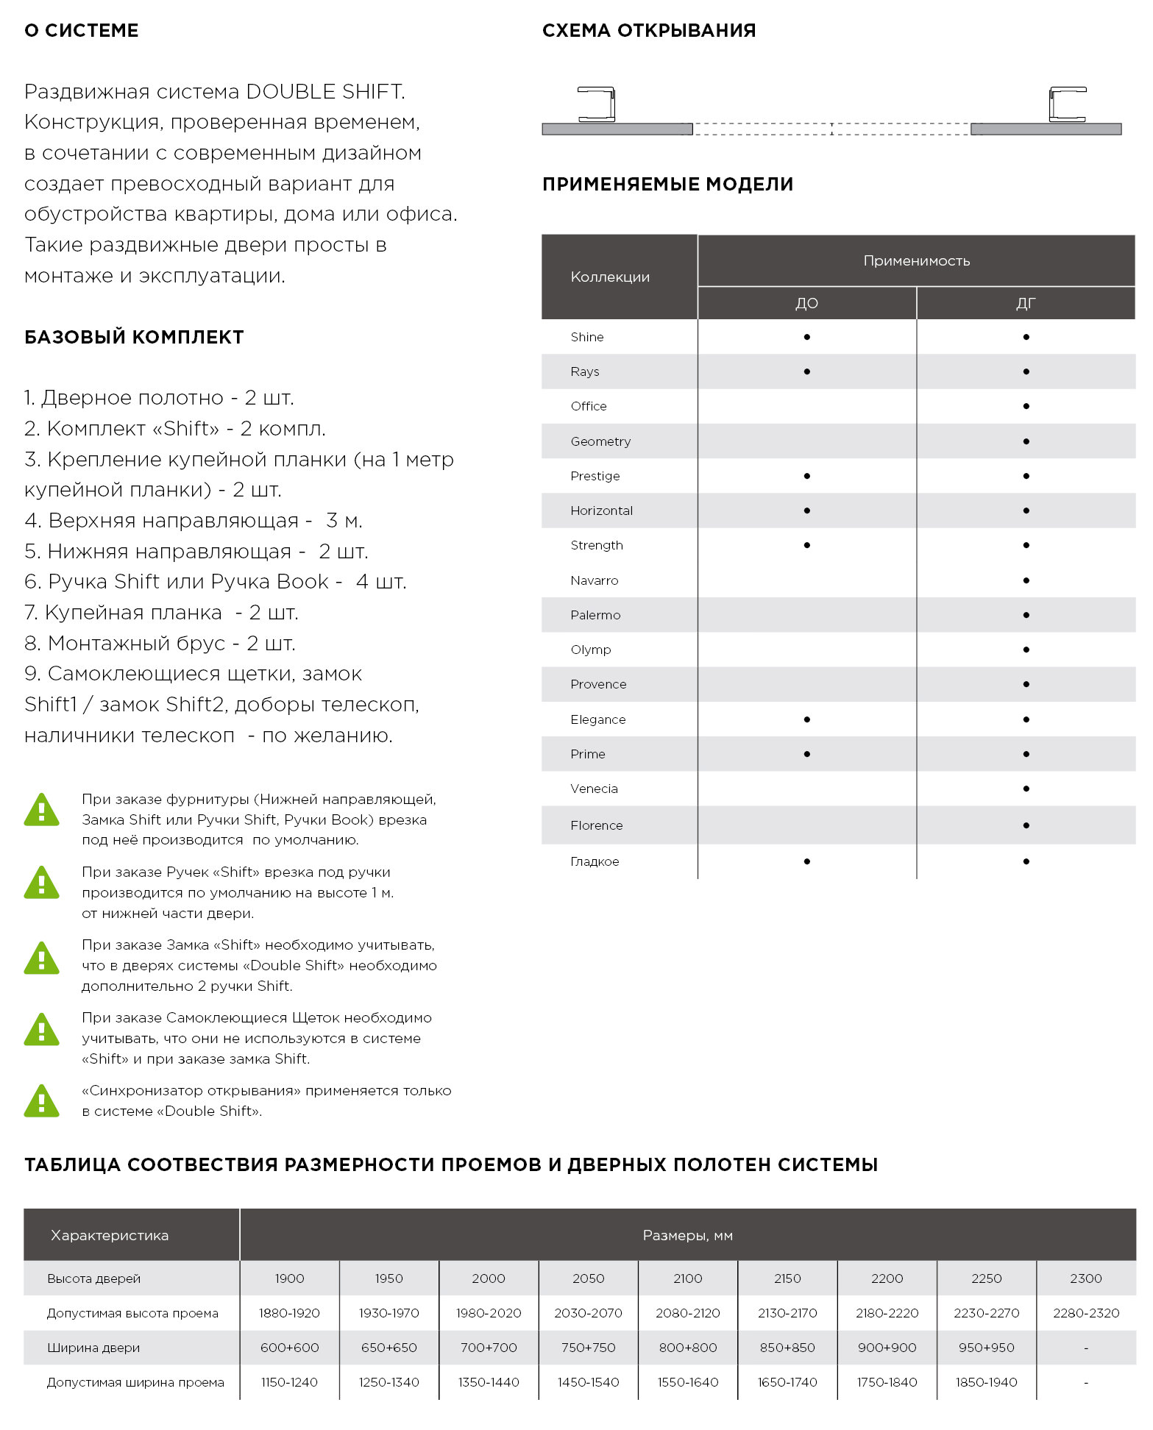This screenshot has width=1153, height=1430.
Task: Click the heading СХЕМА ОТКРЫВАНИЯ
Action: (x=648, y=31)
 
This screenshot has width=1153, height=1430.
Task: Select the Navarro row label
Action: (x=594, y=580)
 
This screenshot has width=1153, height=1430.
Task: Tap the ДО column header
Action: (x=806, y=303)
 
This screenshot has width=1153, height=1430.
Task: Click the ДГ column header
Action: (x=1026, y=303)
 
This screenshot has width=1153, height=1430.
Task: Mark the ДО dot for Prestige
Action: (x=807, y=476)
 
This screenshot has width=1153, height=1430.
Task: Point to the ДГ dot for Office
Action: (x=1026, y=406)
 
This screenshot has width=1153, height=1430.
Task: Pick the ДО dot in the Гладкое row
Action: (x=807, y=861)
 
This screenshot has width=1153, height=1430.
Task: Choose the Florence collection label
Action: (x=596, y=825)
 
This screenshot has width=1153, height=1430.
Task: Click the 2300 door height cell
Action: (x=1085, y=1278)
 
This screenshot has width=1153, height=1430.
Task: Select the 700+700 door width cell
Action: (x=489, y=1348)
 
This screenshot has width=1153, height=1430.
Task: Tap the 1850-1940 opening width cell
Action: (x=986, y=1382)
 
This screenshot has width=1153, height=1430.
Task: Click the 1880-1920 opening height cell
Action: (x=289, y=1313)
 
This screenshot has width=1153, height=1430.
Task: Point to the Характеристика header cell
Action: (x=110, y=1235)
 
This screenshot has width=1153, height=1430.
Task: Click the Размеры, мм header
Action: (x=687, y=1235)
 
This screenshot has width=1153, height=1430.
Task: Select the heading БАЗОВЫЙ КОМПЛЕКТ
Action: (x=134, y=338)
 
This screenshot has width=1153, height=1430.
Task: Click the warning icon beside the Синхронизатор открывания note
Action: (x=42, y=1100)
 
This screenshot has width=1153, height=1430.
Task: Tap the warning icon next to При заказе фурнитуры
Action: (x=42, y=809)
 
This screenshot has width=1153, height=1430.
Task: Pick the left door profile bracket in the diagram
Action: (x=597, y=104)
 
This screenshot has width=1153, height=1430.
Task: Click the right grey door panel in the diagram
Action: (x=1046, y=129)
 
